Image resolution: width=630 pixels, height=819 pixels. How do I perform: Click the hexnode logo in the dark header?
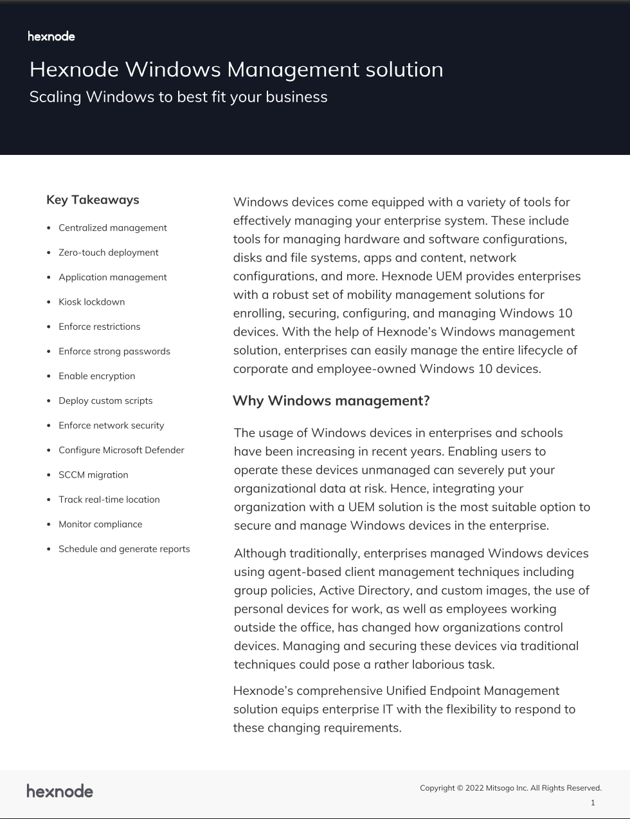tap(51, 37)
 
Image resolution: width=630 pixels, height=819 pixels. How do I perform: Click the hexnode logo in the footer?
tap(60, 791)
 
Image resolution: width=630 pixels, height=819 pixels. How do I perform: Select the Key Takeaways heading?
tap(93, 200)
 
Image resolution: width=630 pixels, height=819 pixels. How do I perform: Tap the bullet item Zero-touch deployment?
tap(108, 253)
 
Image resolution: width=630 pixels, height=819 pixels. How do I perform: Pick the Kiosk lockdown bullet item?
tap(91, 302)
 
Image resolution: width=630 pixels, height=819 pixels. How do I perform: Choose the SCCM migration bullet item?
tap(93, 475)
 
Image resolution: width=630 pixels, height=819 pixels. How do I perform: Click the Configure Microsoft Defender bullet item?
tap(121, 450)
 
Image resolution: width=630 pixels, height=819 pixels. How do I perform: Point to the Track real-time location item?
tap(109, 500)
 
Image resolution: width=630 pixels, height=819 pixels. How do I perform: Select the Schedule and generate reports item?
tap(124, 549)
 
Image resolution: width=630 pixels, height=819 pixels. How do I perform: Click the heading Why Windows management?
tap(330, 401)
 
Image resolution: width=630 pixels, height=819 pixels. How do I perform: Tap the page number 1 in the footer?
tap(593, 803)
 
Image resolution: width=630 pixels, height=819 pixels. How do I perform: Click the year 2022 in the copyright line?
tap(474, 788)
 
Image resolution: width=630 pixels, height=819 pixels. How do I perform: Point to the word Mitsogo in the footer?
tap(500, 788)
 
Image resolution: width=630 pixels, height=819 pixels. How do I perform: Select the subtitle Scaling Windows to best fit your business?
tap(178, 97)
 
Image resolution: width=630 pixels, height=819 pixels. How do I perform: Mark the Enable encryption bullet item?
tap(96, 376)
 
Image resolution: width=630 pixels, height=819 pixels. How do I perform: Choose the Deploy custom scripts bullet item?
tap(105, 401)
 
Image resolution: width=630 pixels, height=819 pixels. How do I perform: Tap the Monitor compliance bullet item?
tap(100, 525)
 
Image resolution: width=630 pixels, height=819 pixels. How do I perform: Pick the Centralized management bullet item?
tap(113, 228)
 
